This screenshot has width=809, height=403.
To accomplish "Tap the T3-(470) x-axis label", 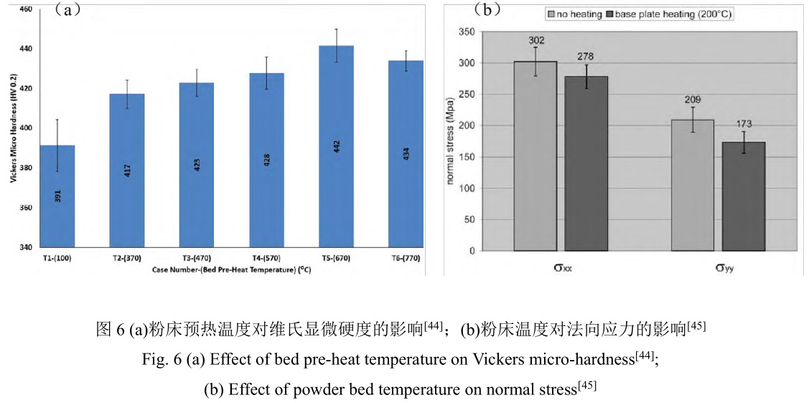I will pyautogui.click(x=197, y=256).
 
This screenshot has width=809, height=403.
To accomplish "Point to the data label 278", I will pyautogui.click(x=585, y=57).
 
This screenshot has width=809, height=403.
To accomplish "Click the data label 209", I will pyautogui.click(x=693, y=100).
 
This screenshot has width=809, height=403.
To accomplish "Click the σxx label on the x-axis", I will pyautogui.click(x=562, y=269).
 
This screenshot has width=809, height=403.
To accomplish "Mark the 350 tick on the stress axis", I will pyautogui.click(x=467, y=32).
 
